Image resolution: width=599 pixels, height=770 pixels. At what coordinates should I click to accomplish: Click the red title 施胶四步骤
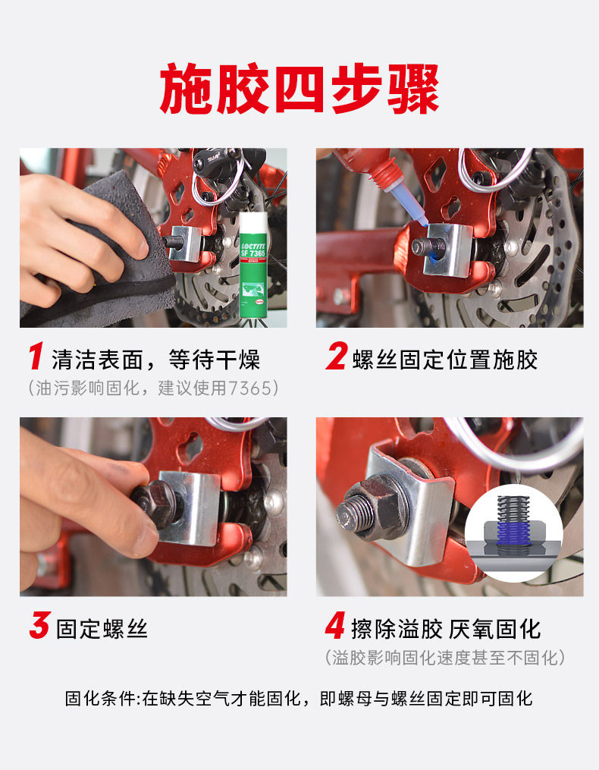(299, 89)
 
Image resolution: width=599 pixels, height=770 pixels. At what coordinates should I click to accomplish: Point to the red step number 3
(39, 625)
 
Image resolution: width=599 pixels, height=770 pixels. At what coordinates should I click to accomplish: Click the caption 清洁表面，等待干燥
(155, 360)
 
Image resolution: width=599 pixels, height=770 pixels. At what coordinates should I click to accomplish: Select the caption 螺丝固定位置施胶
(445, 360)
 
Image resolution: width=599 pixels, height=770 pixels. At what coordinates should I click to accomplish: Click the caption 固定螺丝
(102, 629)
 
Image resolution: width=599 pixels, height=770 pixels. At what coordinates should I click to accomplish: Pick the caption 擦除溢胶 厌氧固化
(446, 629)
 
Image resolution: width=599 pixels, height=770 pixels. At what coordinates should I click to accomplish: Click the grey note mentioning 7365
(153, 388)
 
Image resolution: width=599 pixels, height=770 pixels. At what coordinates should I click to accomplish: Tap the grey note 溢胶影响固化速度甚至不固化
(445, 658)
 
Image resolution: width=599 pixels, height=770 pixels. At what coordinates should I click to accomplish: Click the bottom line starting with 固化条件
(299, 698)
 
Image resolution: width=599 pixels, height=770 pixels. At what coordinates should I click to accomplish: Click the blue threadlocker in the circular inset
(513, 535)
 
